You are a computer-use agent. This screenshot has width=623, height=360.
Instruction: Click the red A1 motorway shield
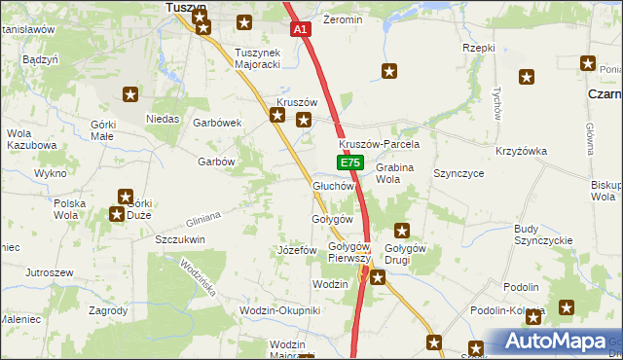point(301,30)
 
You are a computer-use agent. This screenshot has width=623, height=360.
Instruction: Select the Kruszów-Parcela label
point(385,144)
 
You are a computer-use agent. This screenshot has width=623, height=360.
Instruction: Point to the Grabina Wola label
point(395,173)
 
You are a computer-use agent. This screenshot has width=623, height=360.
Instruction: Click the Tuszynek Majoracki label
point(258,58)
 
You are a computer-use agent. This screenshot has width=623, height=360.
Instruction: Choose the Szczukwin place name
point(180,238)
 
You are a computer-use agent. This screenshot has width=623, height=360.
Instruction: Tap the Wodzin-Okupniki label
point(279,310)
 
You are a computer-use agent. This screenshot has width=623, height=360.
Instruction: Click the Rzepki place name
point(480,48)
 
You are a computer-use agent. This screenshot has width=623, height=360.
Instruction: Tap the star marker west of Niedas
point(130,94)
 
